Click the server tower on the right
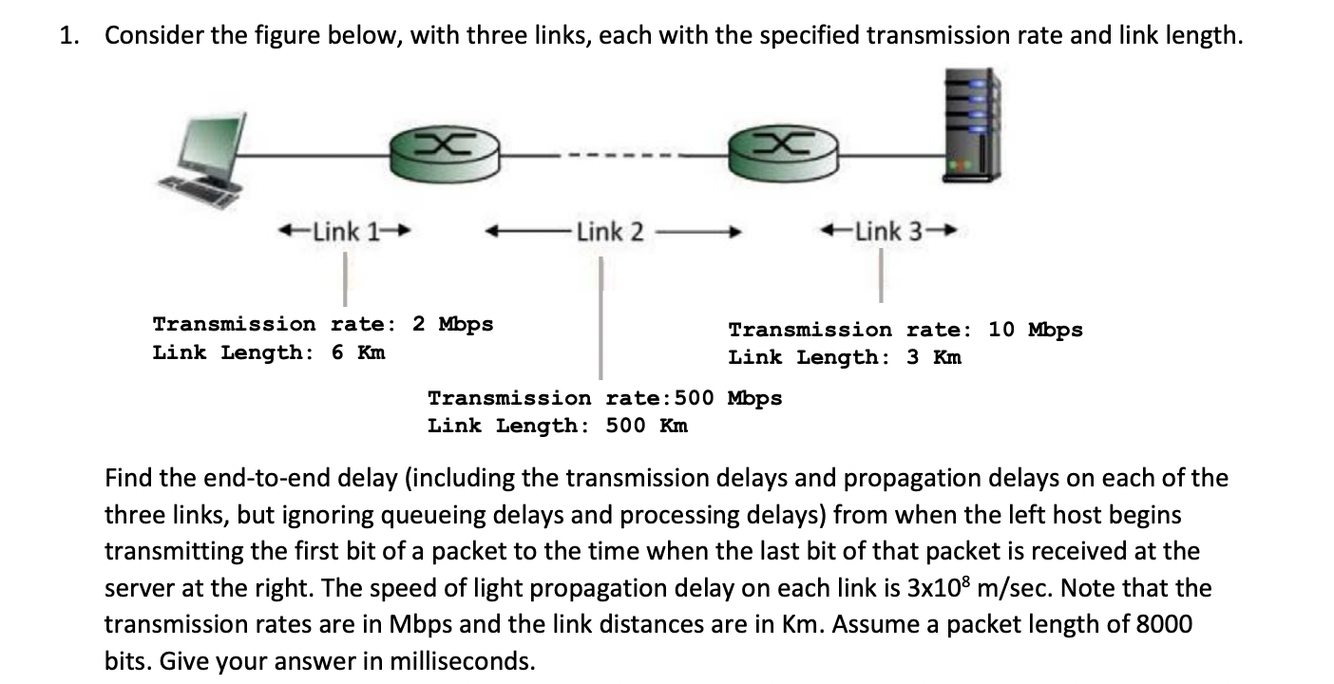(x=969, y=123)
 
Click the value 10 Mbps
(x=1035, y=330)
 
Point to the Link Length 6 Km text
(x=269, y=352)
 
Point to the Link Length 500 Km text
(x=558, y=426)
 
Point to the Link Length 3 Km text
(x=845, y=358)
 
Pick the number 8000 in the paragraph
(x=1164, y=624)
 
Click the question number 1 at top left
(x=66, y=36)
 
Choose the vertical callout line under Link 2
(x=600, y=318)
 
